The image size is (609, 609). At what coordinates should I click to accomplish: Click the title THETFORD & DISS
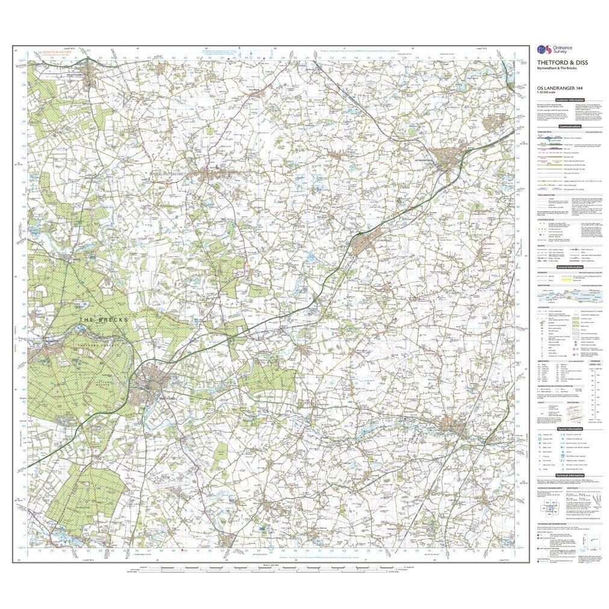(x=554, y=63)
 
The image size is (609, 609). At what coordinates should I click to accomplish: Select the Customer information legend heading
(x=569, y=100)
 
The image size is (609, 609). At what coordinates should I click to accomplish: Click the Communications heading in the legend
(x=569, y=127)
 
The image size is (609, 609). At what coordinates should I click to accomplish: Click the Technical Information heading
(x=569, y=475)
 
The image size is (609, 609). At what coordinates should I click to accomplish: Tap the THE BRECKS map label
(x=103, y=319)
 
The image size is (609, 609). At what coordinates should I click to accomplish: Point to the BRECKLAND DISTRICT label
(x=171, y=173)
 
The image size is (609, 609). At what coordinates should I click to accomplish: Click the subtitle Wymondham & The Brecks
(x=557, y=69)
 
